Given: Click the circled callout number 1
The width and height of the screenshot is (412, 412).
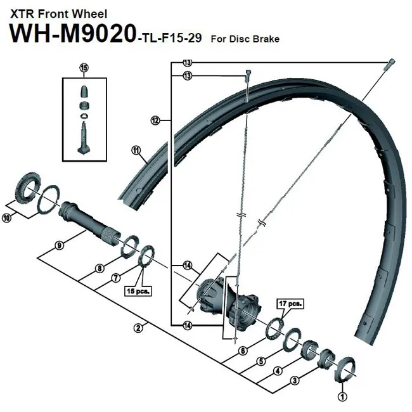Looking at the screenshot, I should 343,397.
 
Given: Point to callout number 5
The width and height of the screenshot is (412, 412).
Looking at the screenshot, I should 260,362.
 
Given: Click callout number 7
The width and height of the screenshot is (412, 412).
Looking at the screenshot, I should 115,278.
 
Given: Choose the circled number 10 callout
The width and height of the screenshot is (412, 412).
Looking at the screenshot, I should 7,217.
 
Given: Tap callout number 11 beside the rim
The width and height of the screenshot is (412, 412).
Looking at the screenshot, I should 135,150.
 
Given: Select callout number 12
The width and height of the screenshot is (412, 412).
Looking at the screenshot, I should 154,119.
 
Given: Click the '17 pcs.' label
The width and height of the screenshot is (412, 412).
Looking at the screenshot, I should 290,304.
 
